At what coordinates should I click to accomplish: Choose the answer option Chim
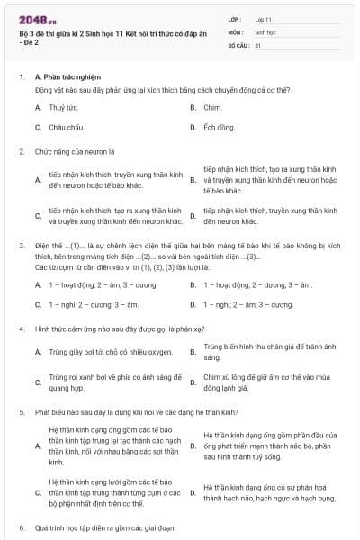pos(212,107)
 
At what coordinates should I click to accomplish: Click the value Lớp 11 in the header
pos(265,18)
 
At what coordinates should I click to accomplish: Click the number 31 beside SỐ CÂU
pos(258,44)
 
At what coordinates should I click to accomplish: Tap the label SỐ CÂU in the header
pos(237,44)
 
